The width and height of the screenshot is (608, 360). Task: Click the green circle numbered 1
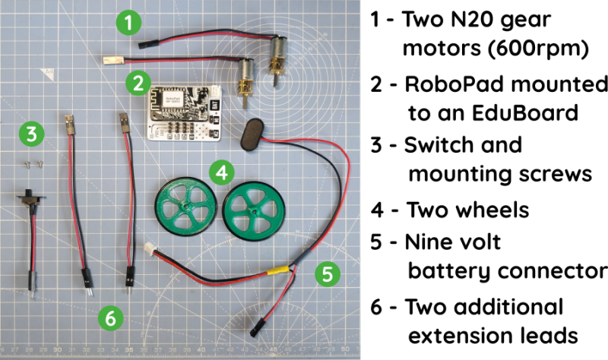tap(130, 23)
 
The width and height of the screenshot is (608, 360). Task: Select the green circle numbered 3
tap(30, 134)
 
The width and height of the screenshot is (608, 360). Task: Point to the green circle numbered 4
tap(220, 173)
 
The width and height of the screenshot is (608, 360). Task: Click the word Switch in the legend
tap(435, 145)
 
